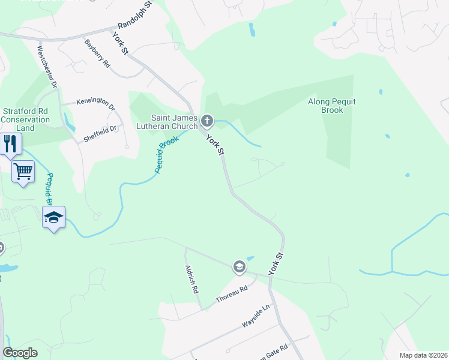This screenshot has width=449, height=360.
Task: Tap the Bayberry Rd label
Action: [98, 53]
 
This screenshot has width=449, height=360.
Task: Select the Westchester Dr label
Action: [47, 67]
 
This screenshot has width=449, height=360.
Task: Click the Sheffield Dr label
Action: [100, 133]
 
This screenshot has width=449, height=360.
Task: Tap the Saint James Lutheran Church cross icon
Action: [207, 122]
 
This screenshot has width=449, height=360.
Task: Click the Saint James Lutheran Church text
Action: [174, 122]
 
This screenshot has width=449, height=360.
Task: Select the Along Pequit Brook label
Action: [332, 106]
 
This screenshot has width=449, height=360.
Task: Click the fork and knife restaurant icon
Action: [10, 144]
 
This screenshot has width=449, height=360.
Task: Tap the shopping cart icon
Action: [23, 172]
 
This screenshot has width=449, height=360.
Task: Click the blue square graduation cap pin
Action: [53, 217]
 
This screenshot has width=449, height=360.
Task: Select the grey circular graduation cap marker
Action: [239, 266]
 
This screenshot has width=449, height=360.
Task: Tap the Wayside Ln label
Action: [257, 314]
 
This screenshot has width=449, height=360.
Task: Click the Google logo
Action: [20, 353]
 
